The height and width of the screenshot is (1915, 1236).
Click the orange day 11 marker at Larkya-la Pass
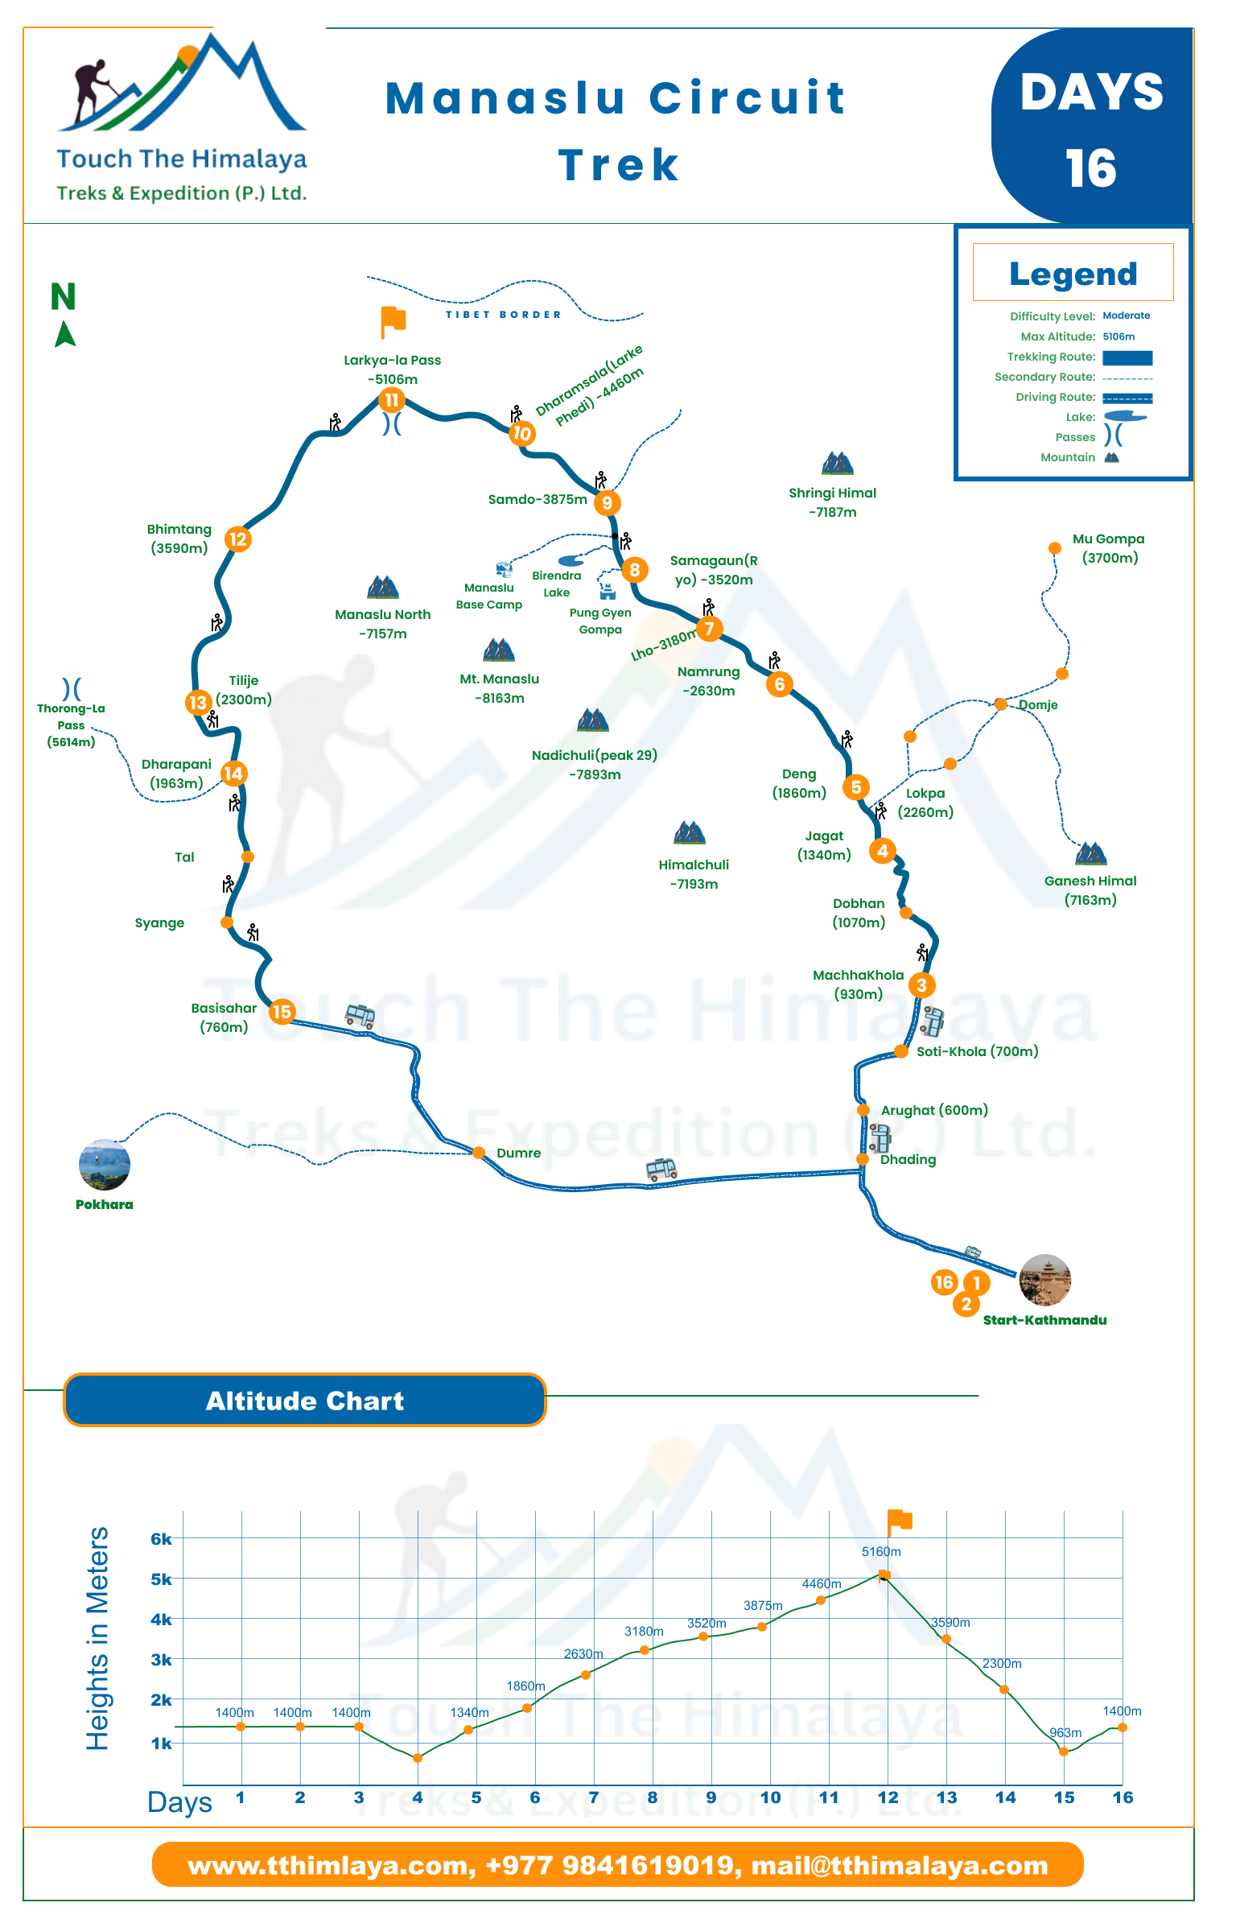tap(392, 400)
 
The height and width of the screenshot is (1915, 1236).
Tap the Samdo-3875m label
tap(538, 499)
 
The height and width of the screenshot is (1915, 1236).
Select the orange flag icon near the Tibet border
tap(393, 322)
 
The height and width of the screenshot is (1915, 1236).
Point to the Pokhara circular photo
tap(105, 1165)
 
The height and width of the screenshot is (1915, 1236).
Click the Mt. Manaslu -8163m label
tap(500, 688)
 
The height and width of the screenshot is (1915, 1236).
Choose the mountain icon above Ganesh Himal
tap(1091, 853)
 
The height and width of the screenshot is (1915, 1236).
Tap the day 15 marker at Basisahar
tap(282, 1012)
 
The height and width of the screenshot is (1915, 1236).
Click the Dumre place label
tap(519, 1153)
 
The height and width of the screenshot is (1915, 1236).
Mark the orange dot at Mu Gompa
tap(1055, 548)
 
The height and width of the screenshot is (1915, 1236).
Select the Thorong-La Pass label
tap(71, 725)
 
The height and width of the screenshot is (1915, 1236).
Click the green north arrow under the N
tap(65, 334)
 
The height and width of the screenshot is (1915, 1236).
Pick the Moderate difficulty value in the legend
tap(1126, 316)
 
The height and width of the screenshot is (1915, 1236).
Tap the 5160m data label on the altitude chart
tap(881, 1551)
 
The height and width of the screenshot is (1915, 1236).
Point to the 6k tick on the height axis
tap(161, 1539)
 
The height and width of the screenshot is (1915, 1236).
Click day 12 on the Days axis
tap(888, 1797)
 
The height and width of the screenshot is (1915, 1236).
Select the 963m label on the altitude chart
tap(1065, 1732)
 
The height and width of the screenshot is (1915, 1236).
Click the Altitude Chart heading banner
tap(305, 1400)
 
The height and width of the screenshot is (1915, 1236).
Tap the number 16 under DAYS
tap(1091, 168)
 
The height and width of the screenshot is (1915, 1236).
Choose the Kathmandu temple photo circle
tap(1045, 1280)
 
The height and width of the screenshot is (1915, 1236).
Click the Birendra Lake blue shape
tap(571, 560)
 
